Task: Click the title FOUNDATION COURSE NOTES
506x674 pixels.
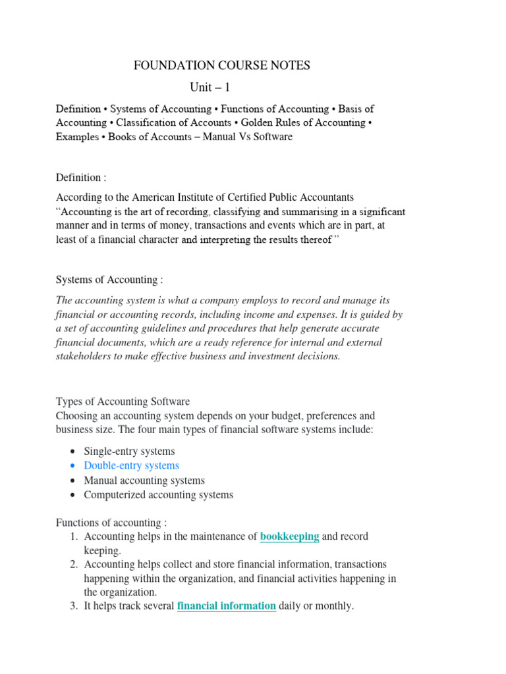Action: click(x=221, y=65)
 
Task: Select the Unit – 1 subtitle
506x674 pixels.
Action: click(x=210, y=87)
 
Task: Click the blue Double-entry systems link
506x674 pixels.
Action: click(x=131, y=465)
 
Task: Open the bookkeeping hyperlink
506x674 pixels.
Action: click(x=289, y=536)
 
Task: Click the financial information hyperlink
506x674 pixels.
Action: click(x=226, y=606)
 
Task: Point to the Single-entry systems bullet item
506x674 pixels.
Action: click(x=129, y=451)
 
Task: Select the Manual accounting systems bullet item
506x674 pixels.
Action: click(x=144, y=480)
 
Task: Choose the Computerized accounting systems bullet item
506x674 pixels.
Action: click(x=158, y=494)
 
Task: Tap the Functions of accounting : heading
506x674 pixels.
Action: click(x=111, y=523)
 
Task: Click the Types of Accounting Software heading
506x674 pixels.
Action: click(x=123, y=402)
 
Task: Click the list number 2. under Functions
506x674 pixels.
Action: click(x=74, y=564)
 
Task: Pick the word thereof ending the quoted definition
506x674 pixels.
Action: click(x=315, y=240)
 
